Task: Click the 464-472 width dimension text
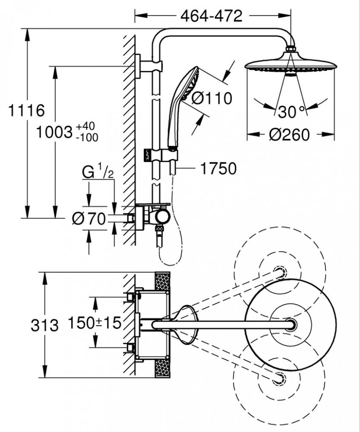[212, 16]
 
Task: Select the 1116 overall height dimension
[26, 110]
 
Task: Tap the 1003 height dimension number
[54, 132]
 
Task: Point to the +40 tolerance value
[85, 127]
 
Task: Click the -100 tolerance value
[87, 137]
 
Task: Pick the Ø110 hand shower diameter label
[212, 98]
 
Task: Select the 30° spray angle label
[291, 112]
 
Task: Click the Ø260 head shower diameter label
[289, 135]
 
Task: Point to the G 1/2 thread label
[98, 173]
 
